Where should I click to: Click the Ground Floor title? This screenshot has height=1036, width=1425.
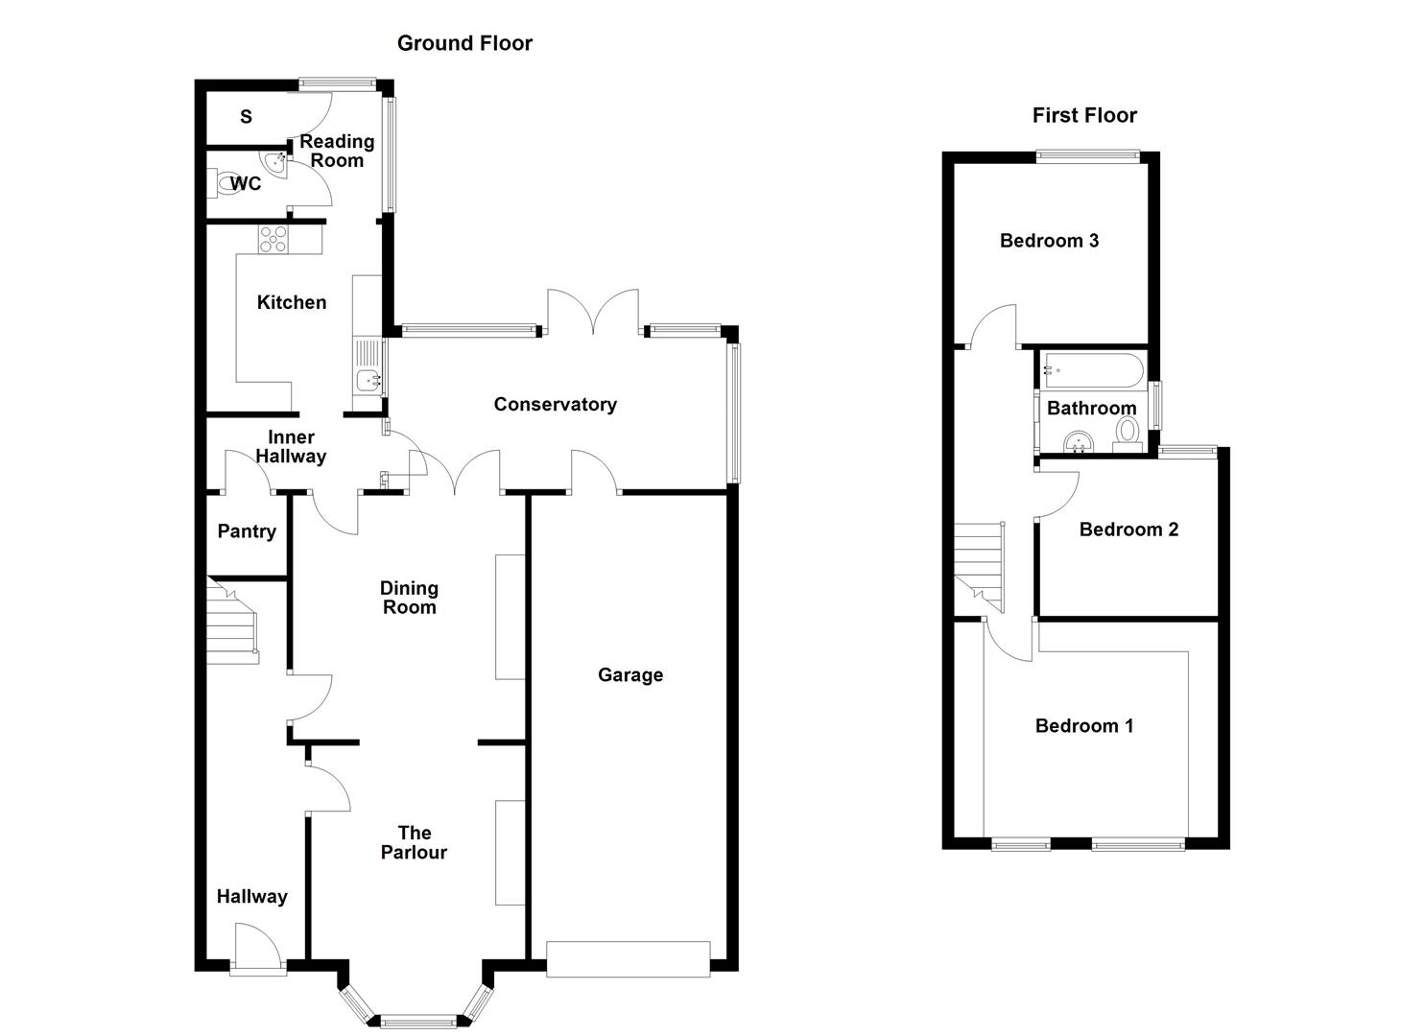click(x=464, y=43)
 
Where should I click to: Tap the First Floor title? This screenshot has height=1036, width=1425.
click(x=1084, y=115)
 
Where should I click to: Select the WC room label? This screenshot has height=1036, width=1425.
click(x=246, y=183)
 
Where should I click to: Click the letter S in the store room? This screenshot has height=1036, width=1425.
click(x=247, y=117)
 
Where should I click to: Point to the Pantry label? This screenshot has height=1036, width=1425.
click(x=247, y=531)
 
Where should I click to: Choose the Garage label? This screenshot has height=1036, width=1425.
click(x=630, y=675)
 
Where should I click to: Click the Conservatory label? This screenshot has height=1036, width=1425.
click(x=555, y=405)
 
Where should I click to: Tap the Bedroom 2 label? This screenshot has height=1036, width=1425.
click(x=1128, y=530)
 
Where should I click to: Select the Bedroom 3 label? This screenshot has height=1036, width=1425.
click(x=1049, y=241)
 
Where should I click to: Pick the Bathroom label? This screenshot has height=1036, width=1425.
click(x=1091, y=409)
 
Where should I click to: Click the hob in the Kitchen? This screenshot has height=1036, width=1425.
click(x=273, y=238)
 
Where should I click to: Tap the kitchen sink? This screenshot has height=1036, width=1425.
click(x=368, y=380)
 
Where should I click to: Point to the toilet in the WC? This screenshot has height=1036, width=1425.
click(x=228, y=184)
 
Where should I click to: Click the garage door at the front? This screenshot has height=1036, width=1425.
click(x=628, y=959)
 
